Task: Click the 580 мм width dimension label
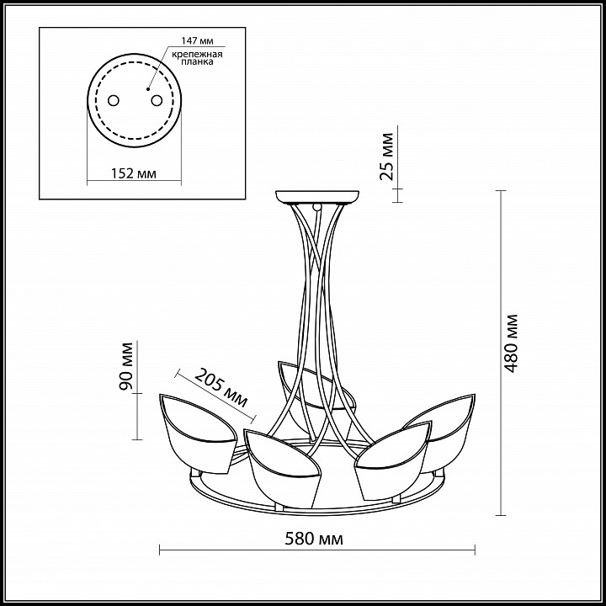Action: pyautogui.click(x=314, y=539)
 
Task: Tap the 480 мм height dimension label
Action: pyautogui.click(x=511, y=343)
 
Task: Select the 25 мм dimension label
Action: pyautogui.click(x=386, y=157)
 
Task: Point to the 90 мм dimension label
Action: pyautogui.click(x=126, y=365)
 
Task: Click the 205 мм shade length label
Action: pyautogui.click(x=221, y=388)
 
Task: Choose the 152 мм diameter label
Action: pyautogui.click(x=134, y=174)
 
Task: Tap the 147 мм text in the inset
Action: pyautogui.click(x=197, y=40)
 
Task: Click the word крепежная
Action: pyautogui.click(x=197, y=54)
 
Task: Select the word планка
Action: pyautogui.click(x=197, y=61)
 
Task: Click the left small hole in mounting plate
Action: pyautogui.click(x=114, y=100)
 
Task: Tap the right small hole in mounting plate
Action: pyautogui.click(x=157, y=100)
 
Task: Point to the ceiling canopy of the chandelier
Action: pyautogui.click(x=317, y=197)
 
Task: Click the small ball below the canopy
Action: pyautogui.click(x=317, y=207)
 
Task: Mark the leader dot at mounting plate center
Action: pyautogui.click(x=148, y=89)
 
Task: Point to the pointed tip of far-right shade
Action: pyautogui.click(x=475, y=394)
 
